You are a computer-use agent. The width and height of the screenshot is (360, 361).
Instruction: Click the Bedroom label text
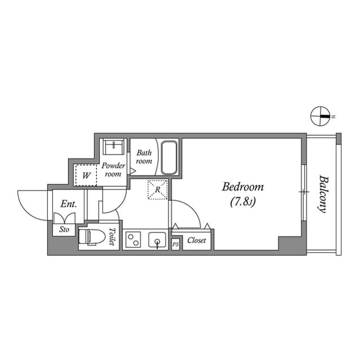[x=243, y=187]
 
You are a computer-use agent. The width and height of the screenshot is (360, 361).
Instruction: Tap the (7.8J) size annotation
[x=243, y=202]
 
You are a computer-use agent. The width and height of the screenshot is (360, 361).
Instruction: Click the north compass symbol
[x=319, y=116]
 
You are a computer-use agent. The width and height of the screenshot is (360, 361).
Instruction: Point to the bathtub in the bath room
[x=170, y=157]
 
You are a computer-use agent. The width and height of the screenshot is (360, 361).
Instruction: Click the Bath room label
[x=144, y=157]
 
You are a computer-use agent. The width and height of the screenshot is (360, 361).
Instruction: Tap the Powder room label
[x=113, y=170]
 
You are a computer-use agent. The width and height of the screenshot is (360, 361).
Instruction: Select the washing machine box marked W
[x=86, y=175]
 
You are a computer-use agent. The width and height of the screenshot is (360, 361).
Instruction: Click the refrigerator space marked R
[x=158, y=190]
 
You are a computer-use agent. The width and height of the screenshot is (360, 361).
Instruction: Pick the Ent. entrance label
[x=69, y=204]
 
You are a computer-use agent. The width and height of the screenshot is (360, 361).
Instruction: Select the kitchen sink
[x=156, y=241]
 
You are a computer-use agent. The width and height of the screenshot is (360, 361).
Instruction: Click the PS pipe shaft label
[x=175, y=244]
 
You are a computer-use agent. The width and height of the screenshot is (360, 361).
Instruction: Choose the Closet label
[x=197, y=241]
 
